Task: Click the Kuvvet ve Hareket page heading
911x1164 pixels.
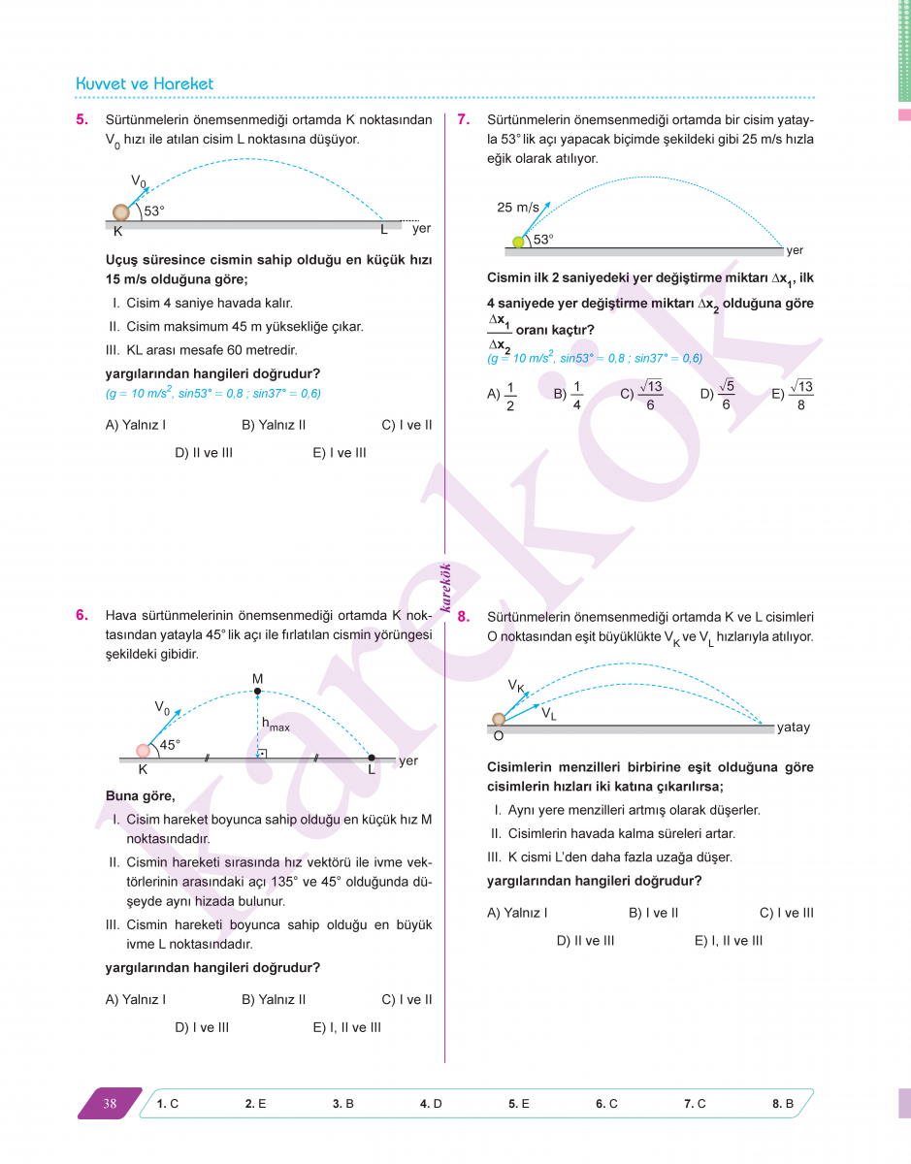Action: (145, 84)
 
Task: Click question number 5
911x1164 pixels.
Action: (82, 120)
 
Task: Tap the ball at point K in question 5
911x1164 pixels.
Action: (120, 212)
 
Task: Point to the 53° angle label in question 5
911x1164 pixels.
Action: (154, 210)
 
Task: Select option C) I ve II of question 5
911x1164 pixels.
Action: (407, 425)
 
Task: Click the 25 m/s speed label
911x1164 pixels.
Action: (517, 208)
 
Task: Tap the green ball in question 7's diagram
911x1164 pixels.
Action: (518, 242)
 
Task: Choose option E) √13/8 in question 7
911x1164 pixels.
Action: (793, 394)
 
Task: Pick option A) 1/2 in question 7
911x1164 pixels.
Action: (503, 394)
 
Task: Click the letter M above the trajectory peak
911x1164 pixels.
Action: (257, 678)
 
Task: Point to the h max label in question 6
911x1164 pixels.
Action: (275, 724)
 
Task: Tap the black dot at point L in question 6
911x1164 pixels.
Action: (372, 758)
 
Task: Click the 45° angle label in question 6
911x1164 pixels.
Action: (170, 745)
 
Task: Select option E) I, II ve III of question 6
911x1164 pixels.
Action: (346, 1027)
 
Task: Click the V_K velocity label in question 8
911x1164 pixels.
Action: (516, 686)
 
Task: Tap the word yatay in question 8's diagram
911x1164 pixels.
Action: (793, 727)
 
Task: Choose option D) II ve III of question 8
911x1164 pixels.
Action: (585, 940)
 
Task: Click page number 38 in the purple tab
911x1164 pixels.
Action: (110, 1103)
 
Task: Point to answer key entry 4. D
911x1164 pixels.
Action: (431, 1104)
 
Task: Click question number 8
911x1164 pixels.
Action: (464, 616)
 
